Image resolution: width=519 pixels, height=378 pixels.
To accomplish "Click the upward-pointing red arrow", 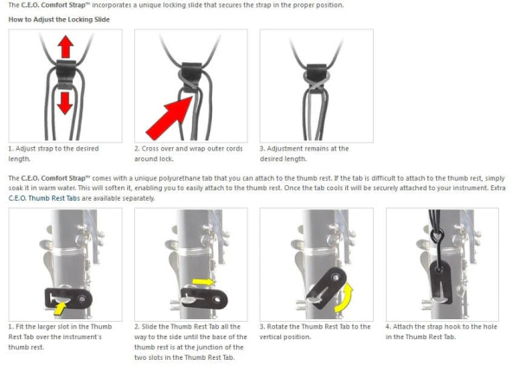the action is click(66, 47).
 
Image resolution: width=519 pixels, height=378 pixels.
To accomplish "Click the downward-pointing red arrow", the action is click(65, 103).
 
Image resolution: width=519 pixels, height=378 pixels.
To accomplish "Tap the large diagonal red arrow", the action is click(170, 119).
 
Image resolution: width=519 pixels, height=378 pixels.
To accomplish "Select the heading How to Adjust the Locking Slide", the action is click(59, 20).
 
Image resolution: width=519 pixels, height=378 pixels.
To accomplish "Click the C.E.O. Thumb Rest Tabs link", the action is click(44, 198).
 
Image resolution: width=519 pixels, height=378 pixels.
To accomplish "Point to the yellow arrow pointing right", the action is click(203, 282).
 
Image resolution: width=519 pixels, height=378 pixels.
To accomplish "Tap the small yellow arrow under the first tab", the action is click(60, 309).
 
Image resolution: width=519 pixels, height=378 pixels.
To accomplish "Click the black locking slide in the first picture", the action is click(66, 74).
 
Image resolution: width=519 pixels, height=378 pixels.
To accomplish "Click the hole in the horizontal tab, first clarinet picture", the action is click(81, 299).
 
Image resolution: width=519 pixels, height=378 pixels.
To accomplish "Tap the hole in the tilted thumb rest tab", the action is click(336, 277).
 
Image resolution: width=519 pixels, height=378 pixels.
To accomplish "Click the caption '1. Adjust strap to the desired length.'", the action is click(54, 154).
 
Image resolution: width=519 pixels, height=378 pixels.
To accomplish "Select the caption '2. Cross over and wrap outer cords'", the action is click(189, 149).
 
